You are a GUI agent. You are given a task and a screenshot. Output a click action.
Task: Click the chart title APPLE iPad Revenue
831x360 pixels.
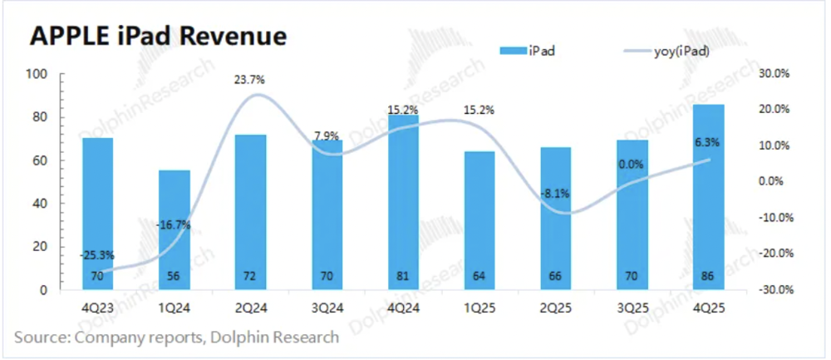[x=158, y=37]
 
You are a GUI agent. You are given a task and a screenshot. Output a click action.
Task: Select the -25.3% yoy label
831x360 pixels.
[x=97, y=255]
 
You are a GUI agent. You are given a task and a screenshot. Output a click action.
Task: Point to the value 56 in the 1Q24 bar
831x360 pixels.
[x=175, y=275]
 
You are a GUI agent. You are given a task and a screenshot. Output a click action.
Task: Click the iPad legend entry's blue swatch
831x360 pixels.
[x=511, y=52]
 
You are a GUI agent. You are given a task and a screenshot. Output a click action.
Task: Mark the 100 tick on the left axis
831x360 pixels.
[x=39, y=75]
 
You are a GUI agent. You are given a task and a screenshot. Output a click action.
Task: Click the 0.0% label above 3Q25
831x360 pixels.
[x=632, y=165]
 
